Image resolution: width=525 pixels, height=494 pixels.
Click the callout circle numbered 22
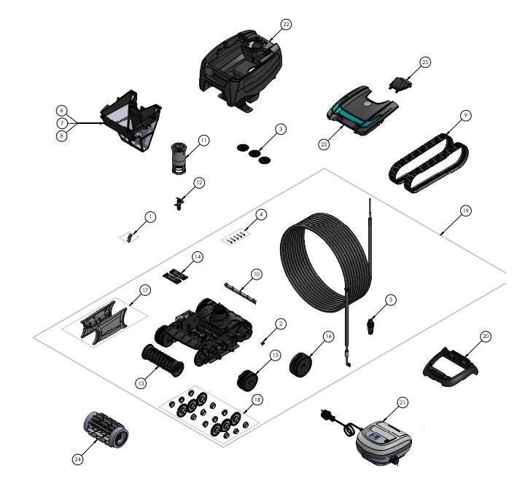(286, 25)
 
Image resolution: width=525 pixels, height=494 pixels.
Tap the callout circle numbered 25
(425, 62)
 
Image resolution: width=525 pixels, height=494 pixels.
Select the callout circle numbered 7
(61, 123)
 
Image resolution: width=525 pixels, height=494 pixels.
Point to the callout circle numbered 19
(465, 211)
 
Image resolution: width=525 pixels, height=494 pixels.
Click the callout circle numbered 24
(78, 459)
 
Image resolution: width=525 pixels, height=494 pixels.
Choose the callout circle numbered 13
(141, 383)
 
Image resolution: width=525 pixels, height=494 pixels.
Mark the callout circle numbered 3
(281, 129)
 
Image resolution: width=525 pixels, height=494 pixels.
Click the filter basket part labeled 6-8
(131, 120)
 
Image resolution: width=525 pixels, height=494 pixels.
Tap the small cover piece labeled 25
(400, 82)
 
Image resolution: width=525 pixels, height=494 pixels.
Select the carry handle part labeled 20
(451, 367)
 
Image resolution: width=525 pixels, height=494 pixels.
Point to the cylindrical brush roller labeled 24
(106, 428)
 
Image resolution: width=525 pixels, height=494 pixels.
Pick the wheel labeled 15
(247, 380)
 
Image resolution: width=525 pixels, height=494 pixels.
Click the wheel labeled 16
(300, 364)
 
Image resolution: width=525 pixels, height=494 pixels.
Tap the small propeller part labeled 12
(179, 203)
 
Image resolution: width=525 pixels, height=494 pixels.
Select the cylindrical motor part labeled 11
(180, 158)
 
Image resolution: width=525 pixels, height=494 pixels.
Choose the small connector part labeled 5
(370, 326)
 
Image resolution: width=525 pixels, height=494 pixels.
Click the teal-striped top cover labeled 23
(362, 110)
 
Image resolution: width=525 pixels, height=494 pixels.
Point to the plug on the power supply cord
(326, 415)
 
